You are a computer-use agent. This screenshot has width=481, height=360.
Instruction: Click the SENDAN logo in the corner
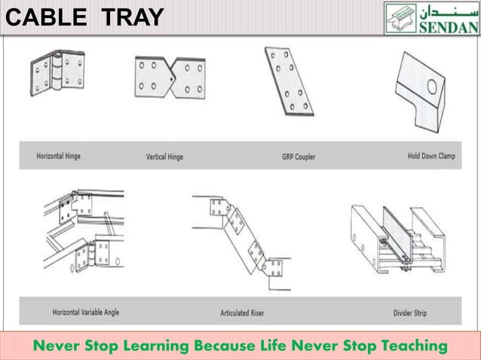[430, 17]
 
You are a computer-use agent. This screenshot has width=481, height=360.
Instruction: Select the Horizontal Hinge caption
[58, 157]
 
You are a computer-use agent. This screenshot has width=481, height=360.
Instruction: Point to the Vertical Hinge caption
[164, 157]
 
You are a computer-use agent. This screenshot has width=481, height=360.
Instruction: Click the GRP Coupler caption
[299, 157]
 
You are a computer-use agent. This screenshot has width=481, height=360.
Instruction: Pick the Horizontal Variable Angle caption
[85, 311]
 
